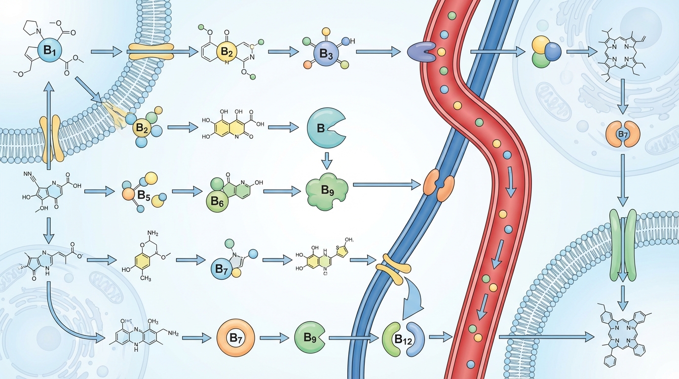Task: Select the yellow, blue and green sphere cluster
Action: (x=547, y=51)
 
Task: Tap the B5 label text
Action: (x=144, y=195)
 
